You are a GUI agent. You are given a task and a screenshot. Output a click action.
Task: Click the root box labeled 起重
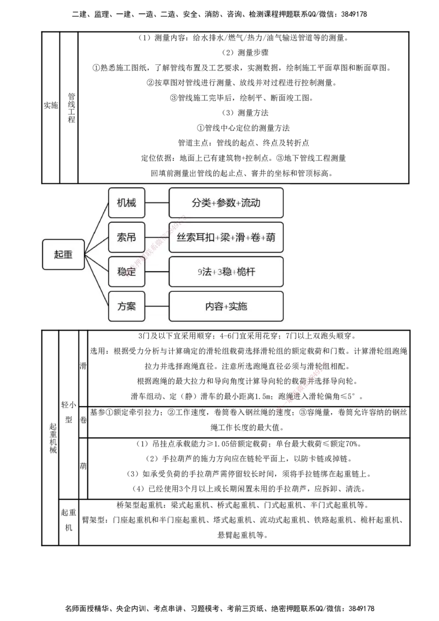(x=63, y=255)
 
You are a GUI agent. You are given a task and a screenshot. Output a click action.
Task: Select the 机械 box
(x=126, y=203)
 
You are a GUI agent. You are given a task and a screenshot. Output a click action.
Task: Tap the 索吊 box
(x=126, y=238)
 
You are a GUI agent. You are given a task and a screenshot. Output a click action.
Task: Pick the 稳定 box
(x=126, y=272)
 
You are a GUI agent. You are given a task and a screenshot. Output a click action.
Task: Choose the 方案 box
(x=126, y=306)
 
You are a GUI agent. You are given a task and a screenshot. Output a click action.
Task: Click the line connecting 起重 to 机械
(x=97, y=227)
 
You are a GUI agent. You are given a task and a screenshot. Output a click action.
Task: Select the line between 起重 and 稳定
(x=97, y=263)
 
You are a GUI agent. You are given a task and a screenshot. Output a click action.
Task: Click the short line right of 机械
(x=157, y=203)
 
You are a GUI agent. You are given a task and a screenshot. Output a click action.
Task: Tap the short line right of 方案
(x=157, y=306)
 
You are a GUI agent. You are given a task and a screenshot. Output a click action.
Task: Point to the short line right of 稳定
(x=157, y=272)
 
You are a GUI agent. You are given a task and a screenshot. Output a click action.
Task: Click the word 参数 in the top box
(x=226, y=203)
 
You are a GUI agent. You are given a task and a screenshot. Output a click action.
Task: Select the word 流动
(x=251, y=203)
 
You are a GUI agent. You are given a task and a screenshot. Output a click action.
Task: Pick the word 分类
(x=201, y=203)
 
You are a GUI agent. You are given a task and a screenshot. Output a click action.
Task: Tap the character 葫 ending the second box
(x=270, y=238)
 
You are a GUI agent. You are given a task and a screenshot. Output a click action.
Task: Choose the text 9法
(x=205, y=272)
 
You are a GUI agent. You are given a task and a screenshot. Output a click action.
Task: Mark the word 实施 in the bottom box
(x=238, y=306)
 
